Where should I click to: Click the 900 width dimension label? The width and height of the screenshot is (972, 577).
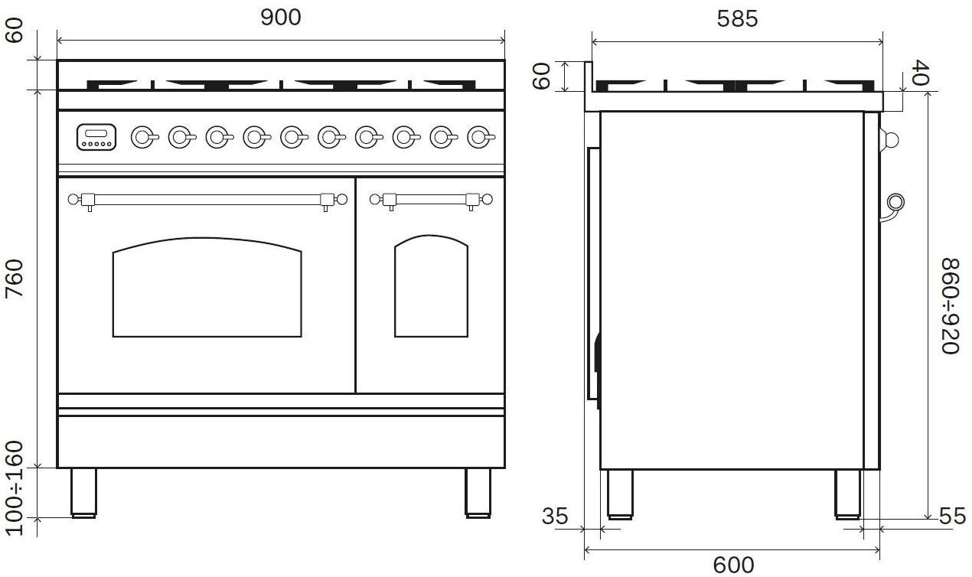281,18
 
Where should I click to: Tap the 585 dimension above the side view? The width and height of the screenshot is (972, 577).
737,19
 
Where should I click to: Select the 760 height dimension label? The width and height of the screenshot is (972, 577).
15,279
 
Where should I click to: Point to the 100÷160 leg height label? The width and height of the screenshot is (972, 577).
15,488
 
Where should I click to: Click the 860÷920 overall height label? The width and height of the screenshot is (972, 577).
951,306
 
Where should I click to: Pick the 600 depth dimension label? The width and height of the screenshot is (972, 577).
734,566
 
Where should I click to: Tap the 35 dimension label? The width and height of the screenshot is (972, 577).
555,517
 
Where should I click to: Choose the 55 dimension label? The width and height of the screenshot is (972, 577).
952,517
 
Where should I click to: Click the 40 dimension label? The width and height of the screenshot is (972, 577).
919,73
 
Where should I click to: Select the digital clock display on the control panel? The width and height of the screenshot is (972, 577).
96,137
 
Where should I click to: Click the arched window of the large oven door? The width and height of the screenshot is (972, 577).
207,287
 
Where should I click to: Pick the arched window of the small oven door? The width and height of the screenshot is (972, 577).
432,286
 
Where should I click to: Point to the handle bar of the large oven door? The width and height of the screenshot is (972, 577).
207,200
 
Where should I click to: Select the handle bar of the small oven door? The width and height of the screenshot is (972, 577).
431,200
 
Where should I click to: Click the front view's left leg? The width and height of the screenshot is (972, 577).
83,493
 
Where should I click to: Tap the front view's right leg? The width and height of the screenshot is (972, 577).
478,493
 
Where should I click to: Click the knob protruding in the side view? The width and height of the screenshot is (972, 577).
889,140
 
